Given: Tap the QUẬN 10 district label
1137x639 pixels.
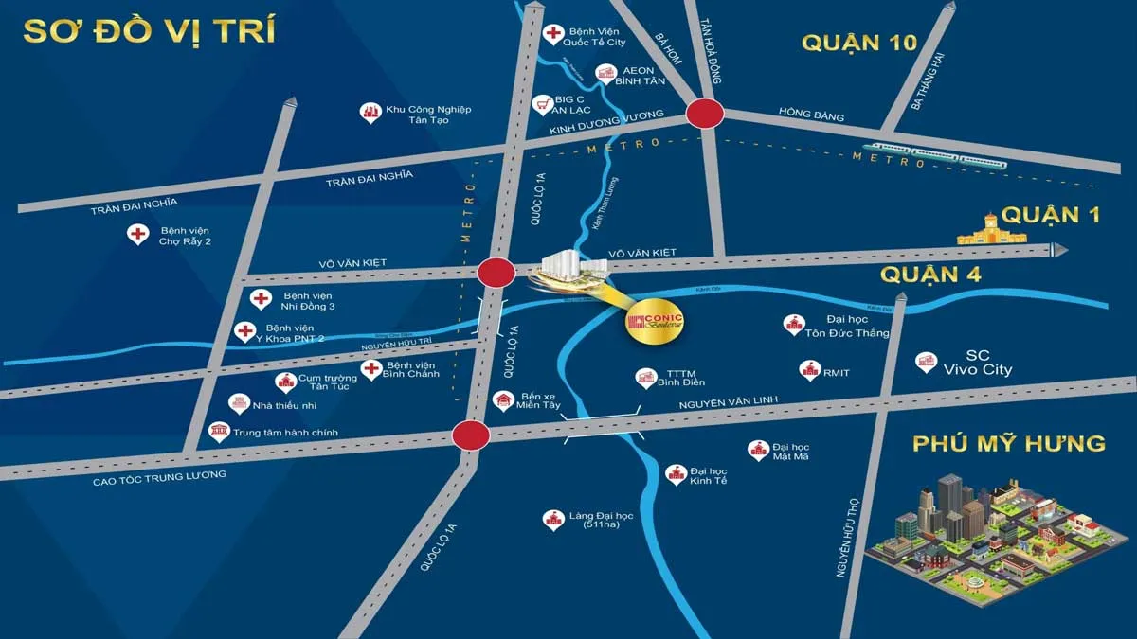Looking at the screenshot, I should pos(859,43).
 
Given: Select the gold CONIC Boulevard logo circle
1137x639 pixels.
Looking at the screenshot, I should pos(655,322).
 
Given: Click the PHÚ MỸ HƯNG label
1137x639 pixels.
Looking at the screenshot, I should pos(1009,443).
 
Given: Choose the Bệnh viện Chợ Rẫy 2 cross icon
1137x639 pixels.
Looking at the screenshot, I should pos(138,234).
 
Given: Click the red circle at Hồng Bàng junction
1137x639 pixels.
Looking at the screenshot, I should pos(705,114).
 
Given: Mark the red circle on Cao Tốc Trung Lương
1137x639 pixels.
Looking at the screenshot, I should pos(470,435).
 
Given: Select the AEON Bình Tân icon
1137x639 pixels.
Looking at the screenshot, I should pos(605,73).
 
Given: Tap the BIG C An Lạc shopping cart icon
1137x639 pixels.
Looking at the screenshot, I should pos(543,102).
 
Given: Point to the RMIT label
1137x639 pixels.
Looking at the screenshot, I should pos(836,373).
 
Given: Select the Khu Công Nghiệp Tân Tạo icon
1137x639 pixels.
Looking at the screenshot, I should pos(370,112).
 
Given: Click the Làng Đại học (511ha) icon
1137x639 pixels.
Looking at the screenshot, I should pos(551,519).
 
